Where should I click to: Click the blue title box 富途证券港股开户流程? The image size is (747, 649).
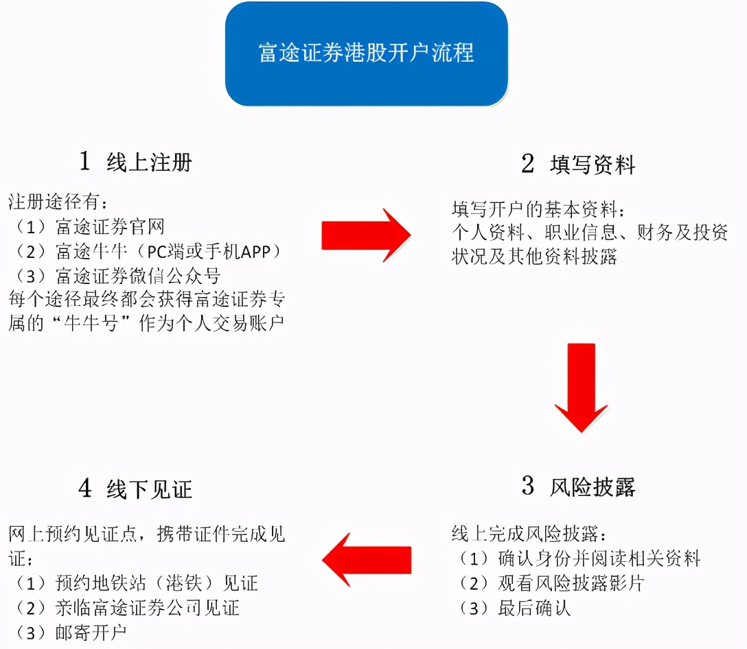point(366,54)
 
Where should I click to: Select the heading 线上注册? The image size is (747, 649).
point(149,163)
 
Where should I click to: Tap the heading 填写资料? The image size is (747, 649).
point(593,165)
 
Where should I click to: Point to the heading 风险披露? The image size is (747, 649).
point(593,486)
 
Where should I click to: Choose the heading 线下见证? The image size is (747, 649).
point(149,488)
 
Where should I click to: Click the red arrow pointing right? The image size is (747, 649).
point(365,235)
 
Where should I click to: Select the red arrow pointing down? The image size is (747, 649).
point(582,388)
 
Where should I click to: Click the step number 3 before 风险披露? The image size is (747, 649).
point(528,486)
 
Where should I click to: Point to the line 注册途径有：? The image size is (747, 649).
point(58,202)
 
